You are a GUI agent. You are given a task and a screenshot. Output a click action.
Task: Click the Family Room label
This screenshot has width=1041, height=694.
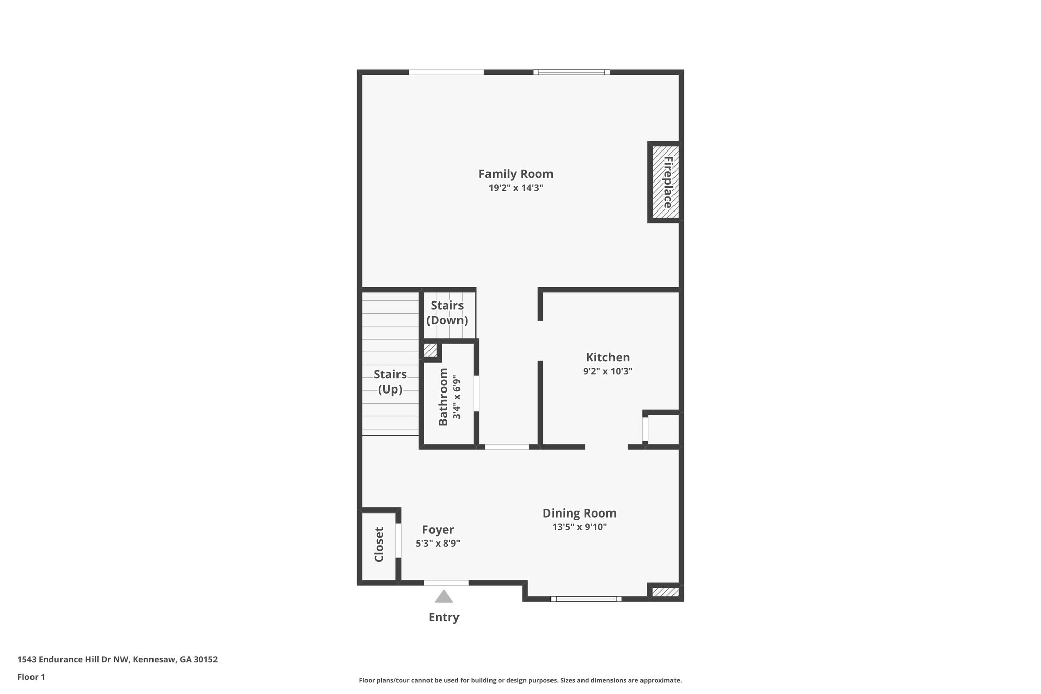pyautogui.click(x=515, y=174)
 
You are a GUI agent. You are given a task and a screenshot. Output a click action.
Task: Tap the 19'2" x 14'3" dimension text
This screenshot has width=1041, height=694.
pyautogui.click(x=515, y=188)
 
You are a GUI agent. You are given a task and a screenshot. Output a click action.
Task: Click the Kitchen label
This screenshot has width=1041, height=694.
pyautogui.click(x=607, y=357)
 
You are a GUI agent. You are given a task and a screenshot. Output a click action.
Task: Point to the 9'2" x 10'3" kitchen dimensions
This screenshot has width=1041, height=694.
pyautogui.click(x=607, y=372)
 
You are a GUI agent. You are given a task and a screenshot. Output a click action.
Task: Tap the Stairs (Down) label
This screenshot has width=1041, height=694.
pyautogui.click(x=447, y=313)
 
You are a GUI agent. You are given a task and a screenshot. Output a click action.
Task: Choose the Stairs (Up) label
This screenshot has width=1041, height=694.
pyautogui.click(x=390, y=382)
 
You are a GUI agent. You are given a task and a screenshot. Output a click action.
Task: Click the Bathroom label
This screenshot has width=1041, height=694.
pyautogui.click(x=443, y=397)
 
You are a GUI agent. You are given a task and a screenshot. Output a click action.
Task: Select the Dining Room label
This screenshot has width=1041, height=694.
pyautogui.click(x=579, y=514)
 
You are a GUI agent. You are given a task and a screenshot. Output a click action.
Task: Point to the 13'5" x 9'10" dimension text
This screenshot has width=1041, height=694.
pyautogui.click(x=579, y=527)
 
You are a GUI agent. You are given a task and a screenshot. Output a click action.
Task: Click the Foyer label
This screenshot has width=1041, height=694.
pyautogui.click(x=438, y=530)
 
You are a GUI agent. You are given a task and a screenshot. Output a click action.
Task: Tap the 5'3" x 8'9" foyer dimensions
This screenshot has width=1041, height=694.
pyautogui.click(x=438, y=544)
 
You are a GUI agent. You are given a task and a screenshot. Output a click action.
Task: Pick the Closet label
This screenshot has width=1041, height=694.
pyautogui.click(x=379, y=545)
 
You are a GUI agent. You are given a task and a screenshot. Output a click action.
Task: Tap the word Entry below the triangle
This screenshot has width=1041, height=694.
pyautogui.click(x=444, y=617)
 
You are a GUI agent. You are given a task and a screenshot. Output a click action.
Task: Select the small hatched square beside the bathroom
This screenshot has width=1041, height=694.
pyautogui.click(x=430, y=350)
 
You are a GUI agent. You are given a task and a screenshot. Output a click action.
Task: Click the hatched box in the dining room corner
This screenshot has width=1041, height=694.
pyautogui.click(x=665, y=592)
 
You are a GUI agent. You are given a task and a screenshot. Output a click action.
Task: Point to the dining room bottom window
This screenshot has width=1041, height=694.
pyautogui.click(x=586, y=599)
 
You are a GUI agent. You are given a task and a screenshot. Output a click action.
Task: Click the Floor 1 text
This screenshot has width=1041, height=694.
pyautogui.click(x=32, y=677)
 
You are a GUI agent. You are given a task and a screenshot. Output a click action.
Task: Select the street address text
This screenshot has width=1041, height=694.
pyautogui.click(x=117, y=660)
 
